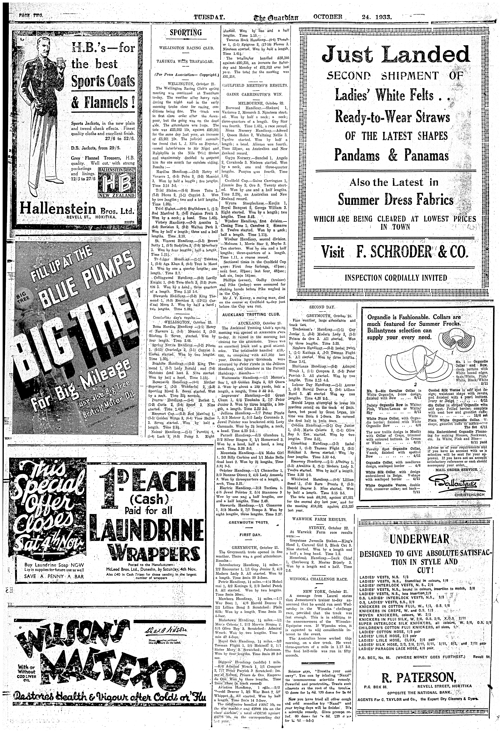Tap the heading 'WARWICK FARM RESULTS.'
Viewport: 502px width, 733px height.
click(x=319, y=519)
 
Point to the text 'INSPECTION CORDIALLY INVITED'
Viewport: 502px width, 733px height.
click(x=396, y=278)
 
